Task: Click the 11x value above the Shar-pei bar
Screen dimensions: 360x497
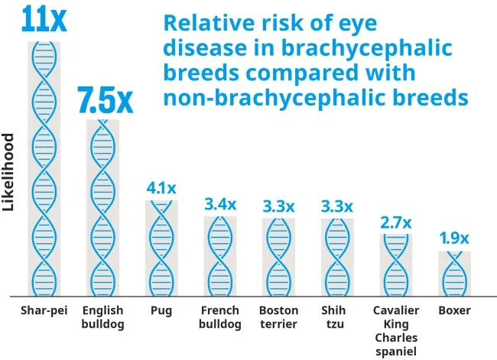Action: [44, 19]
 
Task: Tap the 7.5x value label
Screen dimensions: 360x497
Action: [105, 99]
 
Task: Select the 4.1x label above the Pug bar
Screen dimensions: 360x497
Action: [161, 188]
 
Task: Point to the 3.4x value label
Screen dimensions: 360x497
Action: [220, 204]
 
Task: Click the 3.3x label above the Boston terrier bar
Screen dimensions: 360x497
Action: [278, 206]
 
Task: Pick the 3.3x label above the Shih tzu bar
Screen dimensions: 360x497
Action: [337, 206]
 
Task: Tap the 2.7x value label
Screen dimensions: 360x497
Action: [396, 223]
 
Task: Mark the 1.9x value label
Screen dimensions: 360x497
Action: [454, 239]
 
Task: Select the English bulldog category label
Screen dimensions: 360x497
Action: [102, 317]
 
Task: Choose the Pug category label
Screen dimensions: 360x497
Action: [161, 311]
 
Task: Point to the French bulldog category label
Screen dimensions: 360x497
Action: [220, 317]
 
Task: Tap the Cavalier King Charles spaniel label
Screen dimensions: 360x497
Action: [396, 330]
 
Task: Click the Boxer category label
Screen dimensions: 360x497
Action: [454, 311]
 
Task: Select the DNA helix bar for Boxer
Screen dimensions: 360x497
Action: [454, 274]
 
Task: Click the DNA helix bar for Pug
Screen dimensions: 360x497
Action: [161, 248]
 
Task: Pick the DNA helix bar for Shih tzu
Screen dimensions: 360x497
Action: [337, 258]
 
